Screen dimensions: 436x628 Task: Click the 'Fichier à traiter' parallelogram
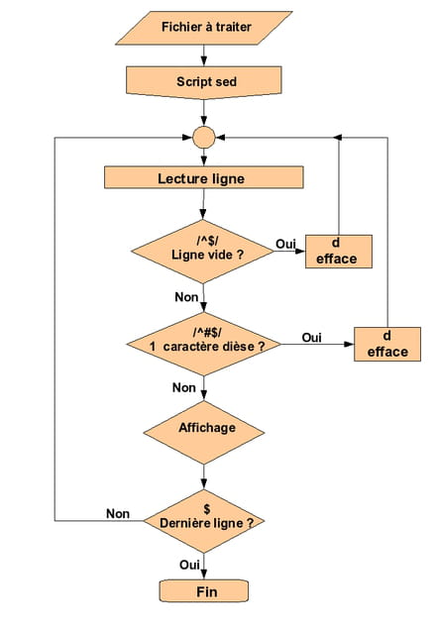pos(204,28)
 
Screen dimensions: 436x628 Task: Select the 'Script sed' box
pos(204,82)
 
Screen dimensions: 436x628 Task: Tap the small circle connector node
pos(204,138)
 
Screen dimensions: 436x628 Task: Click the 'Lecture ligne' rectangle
pos(204,177)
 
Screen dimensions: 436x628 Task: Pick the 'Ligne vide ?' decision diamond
pos(203,252)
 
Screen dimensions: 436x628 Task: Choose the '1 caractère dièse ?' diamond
pos(204,344)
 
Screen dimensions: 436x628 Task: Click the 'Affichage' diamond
pos(204,433)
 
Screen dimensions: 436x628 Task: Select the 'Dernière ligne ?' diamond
pos(204,521)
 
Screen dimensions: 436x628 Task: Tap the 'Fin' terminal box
pos(204,590)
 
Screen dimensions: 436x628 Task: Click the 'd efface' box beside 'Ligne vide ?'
pos(339,252)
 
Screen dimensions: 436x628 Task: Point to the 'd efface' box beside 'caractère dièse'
pos(387,344)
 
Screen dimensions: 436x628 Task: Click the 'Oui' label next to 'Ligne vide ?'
pos(285,244)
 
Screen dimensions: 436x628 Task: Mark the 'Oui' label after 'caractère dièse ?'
pos(312,338)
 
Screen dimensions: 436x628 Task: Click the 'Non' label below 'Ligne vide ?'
pos(186,297)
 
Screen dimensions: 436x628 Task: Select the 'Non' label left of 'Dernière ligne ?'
pos(118,514)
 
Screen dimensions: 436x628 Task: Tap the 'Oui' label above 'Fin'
pos(189,565)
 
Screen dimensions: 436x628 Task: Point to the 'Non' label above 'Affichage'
pos(184,387)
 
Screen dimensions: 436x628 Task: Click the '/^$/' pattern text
pos(207,241)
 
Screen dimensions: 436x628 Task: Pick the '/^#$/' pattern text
pos(207,333)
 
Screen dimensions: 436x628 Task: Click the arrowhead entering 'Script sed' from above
pos(204,61)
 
